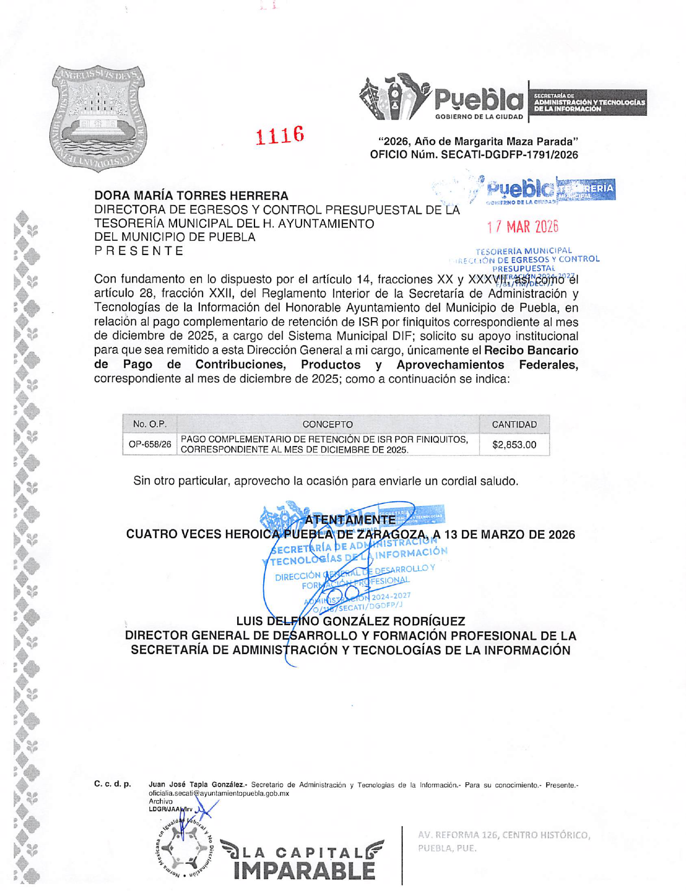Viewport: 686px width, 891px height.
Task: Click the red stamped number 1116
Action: [x=279, y=135]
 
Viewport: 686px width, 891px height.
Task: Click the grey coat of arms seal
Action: [x=98, y=118]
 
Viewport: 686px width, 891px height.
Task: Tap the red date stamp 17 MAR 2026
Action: [x=522, y=227]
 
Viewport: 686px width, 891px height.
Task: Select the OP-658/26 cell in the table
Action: [x=150, y=444]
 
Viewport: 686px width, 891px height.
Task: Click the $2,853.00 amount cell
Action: [x=514, y=445]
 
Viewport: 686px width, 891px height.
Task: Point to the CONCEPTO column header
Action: [x=328, y=424]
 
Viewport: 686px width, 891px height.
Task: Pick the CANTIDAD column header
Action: [x=514, y=424]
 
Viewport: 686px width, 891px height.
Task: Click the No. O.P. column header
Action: [x=150, y=424]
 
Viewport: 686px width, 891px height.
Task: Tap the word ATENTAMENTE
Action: [x=350, y=520]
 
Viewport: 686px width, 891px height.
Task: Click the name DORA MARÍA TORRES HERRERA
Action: [x=191, y=195]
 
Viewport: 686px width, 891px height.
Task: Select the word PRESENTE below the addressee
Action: [x=139, y=251]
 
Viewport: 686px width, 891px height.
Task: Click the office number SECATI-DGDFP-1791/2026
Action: [x=509, y=155]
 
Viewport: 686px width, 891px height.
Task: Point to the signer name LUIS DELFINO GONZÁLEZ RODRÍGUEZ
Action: [x=350, y=621]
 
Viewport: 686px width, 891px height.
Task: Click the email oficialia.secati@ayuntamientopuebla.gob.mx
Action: [x=219, y=793]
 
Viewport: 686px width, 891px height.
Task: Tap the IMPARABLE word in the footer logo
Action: [x=304, y=870]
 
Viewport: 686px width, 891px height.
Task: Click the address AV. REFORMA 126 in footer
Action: [x=504, y=835]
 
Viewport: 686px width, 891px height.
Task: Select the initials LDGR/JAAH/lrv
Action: [x=170, y=809]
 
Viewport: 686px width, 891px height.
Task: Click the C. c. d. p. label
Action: [x=113, y=784]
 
